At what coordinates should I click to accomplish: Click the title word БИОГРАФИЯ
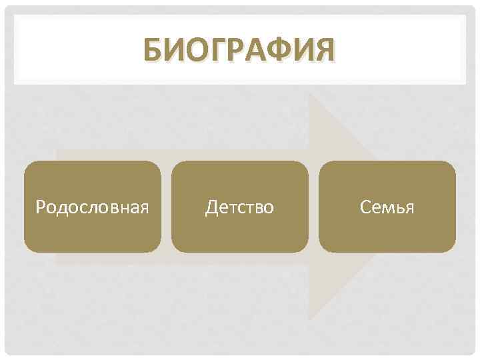tap(239, 51)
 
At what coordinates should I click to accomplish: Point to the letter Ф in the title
tap(275, 51)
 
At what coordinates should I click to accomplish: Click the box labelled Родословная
tap(93, 206)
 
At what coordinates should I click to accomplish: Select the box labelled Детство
tap(239, 206)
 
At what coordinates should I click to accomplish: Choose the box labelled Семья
tap(387, 206)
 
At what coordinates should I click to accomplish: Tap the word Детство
tap(239, 207)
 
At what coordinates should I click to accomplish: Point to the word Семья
tap(387, 207)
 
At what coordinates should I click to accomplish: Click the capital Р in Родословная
tap(40, 208)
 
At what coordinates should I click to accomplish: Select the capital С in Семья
tap(365, 207)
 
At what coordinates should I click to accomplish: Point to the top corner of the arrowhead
tap(310, 94)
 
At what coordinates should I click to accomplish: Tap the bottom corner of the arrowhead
tap(310, 319)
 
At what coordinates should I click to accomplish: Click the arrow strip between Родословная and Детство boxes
tap(166, 206)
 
